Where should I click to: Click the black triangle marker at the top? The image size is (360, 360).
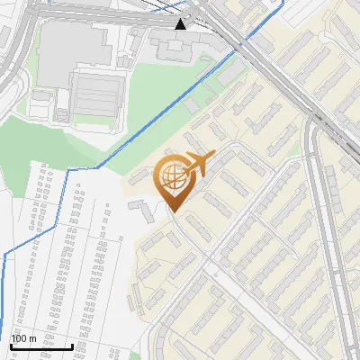(x=181, y=23)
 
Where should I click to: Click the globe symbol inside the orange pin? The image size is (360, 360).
(x=173, y=175)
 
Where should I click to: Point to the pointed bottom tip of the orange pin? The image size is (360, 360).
(x=172, y=212)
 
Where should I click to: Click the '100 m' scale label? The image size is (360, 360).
(x=23, y=337)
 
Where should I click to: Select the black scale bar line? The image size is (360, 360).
(x=41, y=346)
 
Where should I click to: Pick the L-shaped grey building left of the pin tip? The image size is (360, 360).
(x=141, y=210)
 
